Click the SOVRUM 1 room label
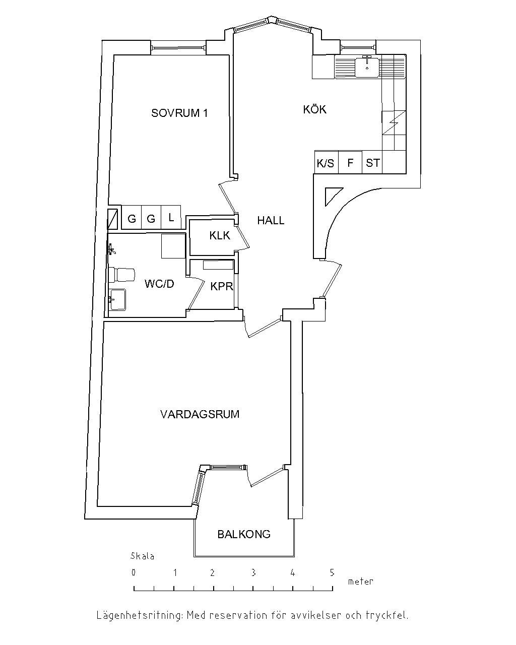click(179, 113)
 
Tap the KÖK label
click(314, 109)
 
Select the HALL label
click(271, 221)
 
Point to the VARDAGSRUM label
click(200, 414)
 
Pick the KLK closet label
click(220, 236)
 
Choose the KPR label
click(222, 286)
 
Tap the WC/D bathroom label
click(159, 284)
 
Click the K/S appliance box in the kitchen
click(326, 162)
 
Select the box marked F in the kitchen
click(350, 162)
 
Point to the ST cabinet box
click(372, 162)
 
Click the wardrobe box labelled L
click(171, 217)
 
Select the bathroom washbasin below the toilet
click(117, 299)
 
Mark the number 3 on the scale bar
click(253, 573)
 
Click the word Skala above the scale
click(142, 556)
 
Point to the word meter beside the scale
click(360, 582)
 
